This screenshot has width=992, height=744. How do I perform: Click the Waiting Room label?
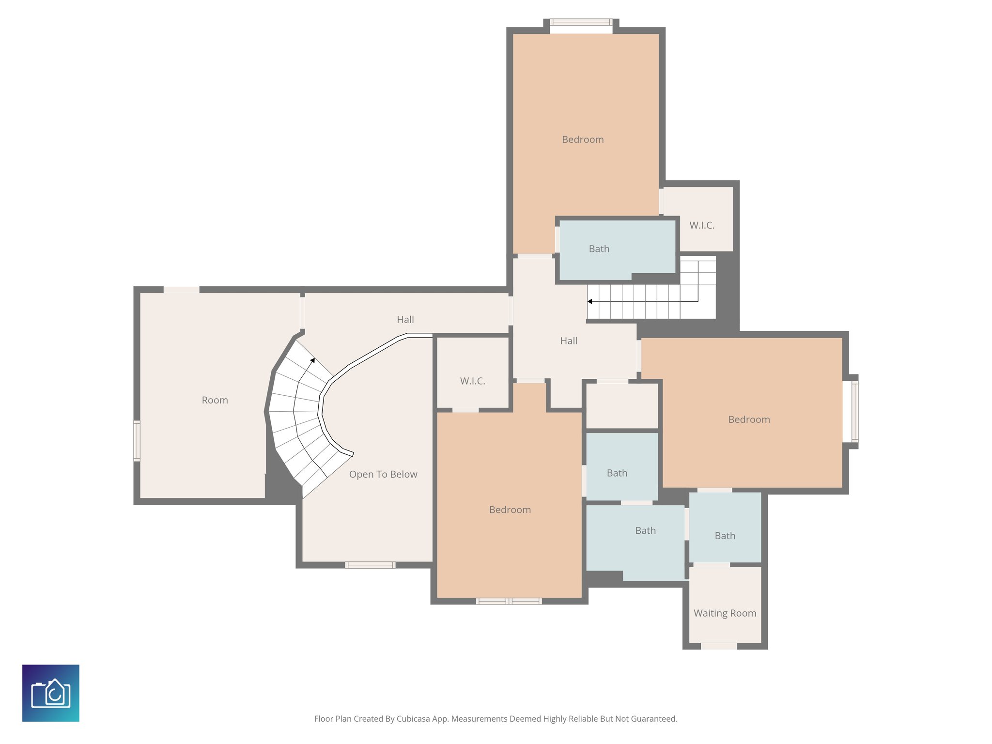tap(725, 613)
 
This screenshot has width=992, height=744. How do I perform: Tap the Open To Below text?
tap(383, 474)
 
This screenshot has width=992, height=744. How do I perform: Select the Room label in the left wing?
tap(215, 400)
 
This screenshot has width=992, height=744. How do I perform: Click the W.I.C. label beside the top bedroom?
tap(702, 225)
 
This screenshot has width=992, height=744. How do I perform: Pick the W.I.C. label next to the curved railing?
tap(472, 381)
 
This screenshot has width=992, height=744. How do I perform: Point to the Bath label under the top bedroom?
tap(599, 249)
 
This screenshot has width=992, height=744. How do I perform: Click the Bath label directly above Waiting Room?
tap(725, 536)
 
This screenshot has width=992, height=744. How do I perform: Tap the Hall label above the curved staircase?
tap(405, 320)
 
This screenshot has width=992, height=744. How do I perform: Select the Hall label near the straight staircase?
tap(569, 341)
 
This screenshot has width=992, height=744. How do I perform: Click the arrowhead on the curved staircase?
tap(313, 360)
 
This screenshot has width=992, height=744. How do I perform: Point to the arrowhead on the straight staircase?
tap(590, 301)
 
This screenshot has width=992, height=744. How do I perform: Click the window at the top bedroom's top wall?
tap(581, 22)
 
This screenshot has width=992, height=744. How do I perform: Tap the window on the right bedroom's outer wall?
tap(855, 412)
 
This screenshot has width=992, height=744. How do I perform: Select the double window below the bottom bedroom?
tap(509, 601)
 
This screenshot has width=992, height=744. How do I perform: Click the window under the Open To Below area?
tap(370, 565)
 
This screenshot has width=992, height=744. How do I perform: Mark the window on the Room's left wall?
tap(137, 441)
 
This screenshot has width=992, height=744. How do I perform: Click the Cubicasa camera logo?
tap(51, 693)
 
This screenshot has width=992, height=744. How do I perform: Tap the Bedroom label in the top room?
tap(583, 139)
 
